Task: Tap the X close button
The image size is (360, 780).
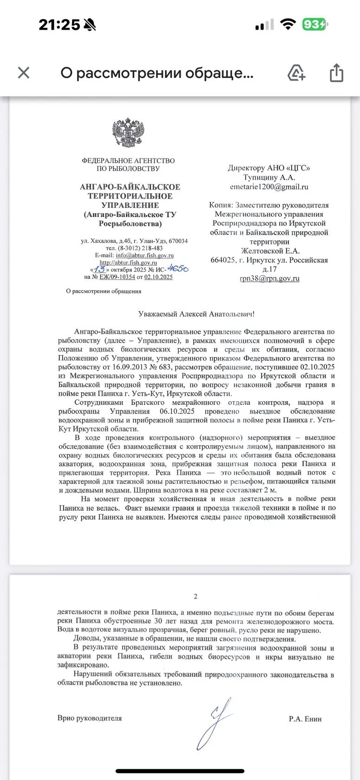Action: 24,73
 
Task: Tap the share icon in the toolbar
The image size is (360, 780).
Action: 336,73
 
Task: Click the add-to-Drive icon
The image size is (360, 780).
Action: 296,73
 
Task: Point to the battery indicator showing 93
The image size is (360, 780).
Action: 314,24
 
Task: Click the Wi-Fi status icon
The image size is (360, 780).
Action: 288,25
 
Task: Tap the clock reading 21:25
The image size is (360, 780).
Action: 59,25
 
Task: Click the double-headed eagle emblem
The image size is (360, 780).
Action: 128,133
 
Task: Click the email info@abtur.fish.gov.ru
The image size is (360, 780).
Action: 144,255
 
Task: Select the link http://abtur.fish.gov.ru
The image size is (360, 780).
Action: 128,263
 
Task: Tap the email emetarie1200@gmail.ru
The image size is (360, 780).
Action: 269,187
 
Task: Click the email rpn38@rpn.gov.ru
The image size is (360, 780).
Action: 269,279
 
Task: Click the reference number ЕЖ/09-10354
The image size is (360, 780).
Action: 117,277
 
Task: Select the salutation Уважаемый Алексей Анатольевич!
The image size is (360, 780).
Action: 196,314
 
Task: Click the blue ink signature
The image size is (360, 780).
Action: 214,720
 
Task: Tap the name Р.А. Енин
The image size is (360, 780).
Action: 305,719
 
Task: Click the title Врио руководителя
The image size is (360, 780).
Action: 90,718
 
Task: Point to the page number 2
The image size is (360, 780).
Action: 196,597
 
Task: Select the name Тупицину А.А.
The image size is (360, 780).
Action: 269,177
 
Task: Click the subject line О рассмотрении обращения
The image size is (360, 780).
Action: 104,291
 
